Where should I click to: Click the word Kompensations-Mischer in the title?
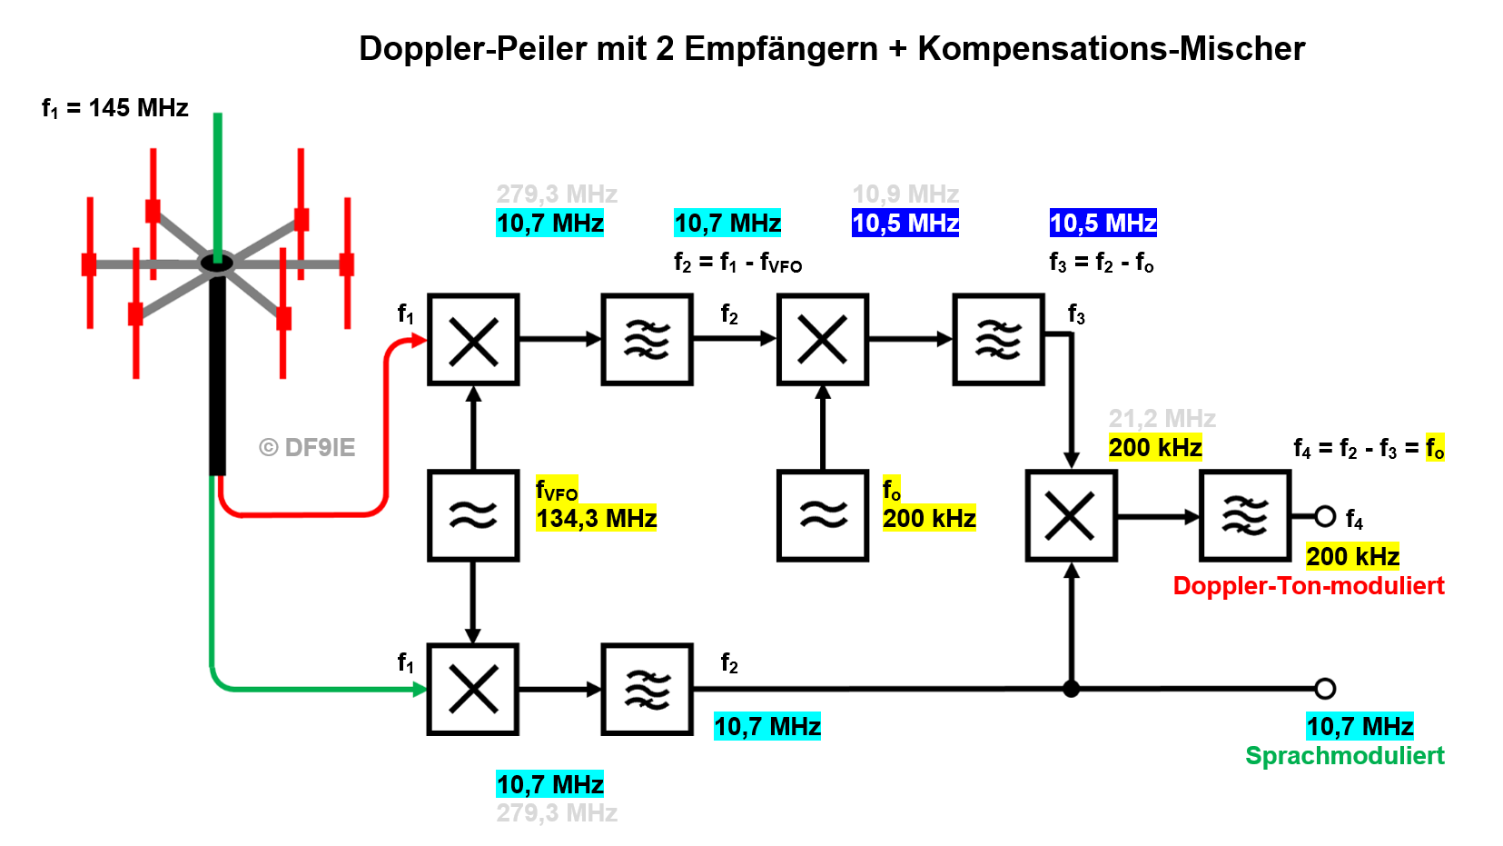tap(1111, 48)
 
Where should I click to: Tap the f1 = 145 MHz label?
tap(115, 108)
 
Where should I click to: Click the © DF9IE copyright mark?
tap(307, 447)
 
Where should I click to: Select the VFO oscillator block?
tap(473, 515)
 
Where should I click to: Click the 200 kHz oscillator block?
tap(823, 515)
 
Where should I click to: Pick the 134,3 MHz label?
tap(596, 519)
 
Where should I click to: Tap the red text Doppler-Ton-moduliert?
tap(1308, 586)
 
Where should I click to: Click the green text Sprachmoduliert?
tap(1344, 756)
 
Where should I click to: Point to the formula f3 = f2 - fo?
tap(1101, 264)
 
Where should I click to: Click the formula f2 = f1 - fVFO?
tap(737, 264)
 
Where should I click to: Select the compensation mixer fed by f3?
tap(1071, 516)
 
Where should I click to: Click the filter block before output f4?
tap(1245, 516)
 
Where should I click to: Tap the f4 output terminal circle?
tap(1325, 517)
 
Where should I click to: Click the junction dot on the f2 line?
tap(1072, 689)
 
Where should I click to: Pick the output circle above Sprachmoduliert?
tap(1325, 689)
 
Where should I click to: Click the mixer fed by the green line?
tap(473, 689)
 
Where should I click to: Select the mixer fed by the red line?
tap(473, 340)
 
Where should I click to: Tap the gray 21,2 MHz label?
tap(1162, 419)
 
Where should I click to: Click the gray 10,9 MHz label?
tap(905, 194)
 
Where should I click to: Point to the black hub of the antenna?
tap(217, 264)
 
